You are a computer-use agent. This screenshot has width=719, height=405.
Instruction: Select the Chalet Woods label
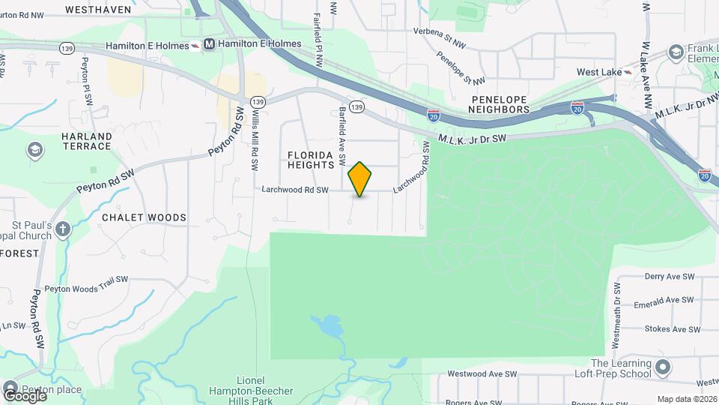pyautogui.click(x=144, y=217)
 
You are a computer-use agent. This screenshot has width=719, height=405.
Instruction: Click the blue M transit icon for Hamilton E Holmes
pyautogui.click(x=209, y=44)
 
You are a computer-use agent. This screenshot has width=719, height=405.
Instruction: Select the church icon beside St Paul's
pyautogui.click(x=63, y=228)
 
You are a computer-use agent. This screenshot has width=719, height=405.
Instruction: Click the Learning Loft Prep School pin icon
pyautogui.click(x=662, y=367)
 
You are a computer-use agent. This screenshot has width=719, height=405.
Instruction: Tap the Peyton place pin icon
pyautogui.click(x=10, y=390)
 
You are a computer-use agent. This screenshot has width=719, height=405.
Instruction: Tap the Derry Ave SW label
pyautogui.click(x=672, y=277)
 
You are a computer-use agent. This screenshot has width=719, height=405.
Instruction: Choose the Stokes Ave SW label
pyautogui.click(x=671, y=329)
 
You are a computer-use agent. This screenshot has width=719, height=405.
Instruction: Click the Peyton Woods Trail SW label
pyautogui.click(x=86, y=288)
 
